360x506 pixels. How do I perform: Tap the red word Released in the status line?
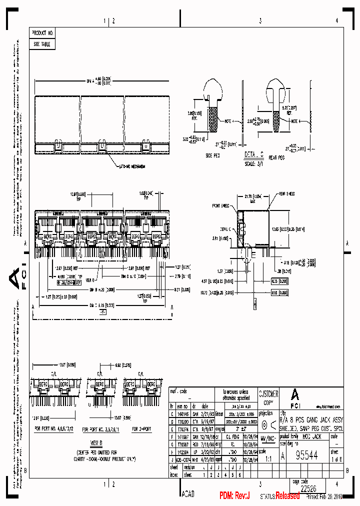287,495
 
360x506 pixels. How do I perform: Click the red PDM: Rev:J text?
234,495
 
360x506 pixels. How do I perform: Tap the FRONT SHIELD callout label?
221,205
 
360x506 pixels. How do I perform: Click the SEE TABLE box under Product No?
42,44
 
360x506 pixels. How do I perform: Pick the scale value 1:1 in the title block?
268,457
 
